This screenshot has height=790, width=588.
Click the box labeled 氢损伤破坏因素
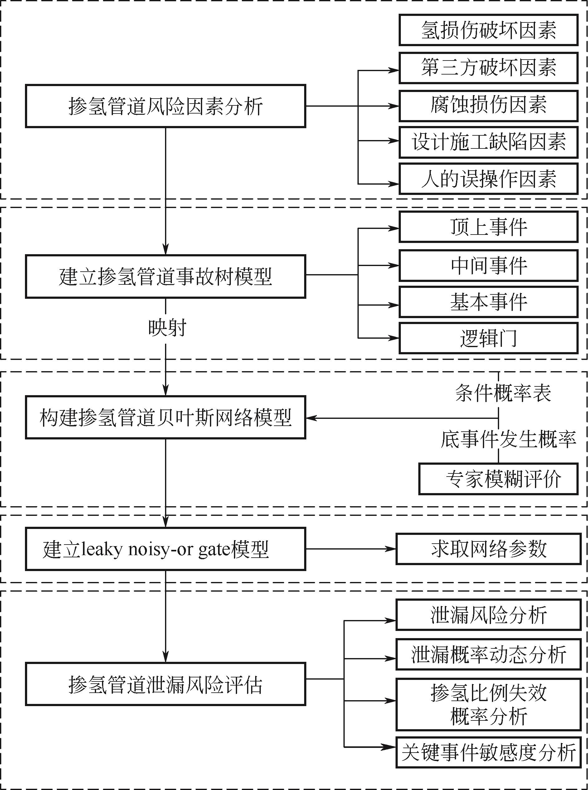(x=488, y=30)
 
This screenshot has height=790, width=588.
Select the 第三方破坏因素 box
(x=488, y=68)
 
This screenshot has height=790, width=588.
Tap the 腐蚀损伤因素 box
(x=488, y=106)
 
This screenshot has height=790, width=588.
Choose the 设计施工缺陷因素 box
(x=488, y=142)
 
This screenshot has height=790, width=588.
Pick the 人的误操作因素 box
(x=488, y=179)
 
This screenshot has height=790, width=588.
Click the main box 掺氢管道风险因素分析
(x=166, y=106)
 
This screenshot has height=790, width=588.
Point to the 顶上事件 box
(x=488, y=227)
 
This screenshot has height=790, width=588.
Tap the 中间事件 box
(x=488, y=265)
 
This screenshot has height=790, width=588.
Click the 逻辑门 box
(x=488, y=338)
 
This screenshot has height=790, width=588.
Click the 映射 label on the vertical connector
(x=167, y=328)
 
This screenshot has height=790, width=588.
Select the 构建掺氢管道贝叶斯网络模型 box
(x=166, y=417)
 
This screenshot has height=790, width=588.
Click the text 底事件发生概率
(x=508, y=439)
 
